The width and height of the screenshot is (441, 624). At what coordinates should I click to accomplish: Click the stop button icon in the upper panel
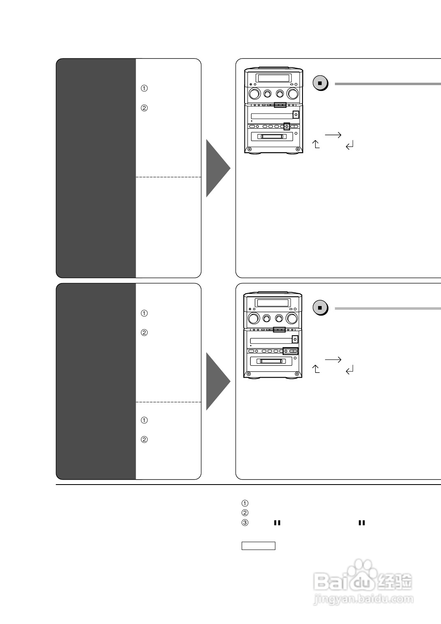320,84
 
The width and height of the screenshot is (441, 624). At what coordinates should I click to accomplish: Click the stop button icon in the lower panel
320,308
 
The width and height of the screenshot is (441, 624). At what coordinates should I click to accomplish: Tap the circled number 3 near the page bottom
245,523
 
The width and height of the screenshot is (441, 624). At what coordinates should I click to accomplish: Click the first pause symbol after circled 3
277,523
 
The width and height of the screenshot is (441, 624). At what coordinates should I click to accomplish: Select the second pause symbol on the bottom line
362,523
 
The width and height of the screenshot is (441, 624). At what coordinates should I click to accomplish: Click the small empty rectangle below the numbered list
258,546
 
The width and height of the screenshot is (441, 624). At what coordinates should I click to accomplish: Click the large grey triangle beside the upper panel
217,168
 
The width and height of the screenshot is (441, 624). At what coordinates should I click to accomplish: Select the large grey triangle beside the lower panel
217,381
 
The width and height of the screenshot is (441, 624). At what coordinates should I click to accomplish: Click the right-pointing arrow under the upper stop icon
333,135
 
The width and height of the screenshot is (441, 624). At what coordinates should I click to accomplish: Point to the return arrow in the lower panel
350,370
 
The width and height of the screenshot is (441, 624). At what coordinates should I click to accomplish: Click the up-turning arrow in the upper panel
316,144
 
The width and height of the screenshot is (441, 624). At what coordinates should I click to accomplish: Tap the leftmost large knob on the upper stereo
254,94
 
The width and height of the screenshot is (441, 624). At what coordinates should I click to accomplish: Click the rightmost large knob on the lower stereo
292,318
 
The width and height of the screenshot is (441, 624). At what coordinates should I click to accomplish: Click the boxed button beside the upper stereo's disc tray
295,114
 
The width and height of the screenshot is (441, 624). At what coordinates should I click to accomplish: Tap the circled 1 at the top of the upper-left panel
144,88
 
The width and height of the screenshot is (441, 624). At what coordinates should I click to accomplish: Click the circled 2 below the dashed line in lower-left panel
144,439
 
